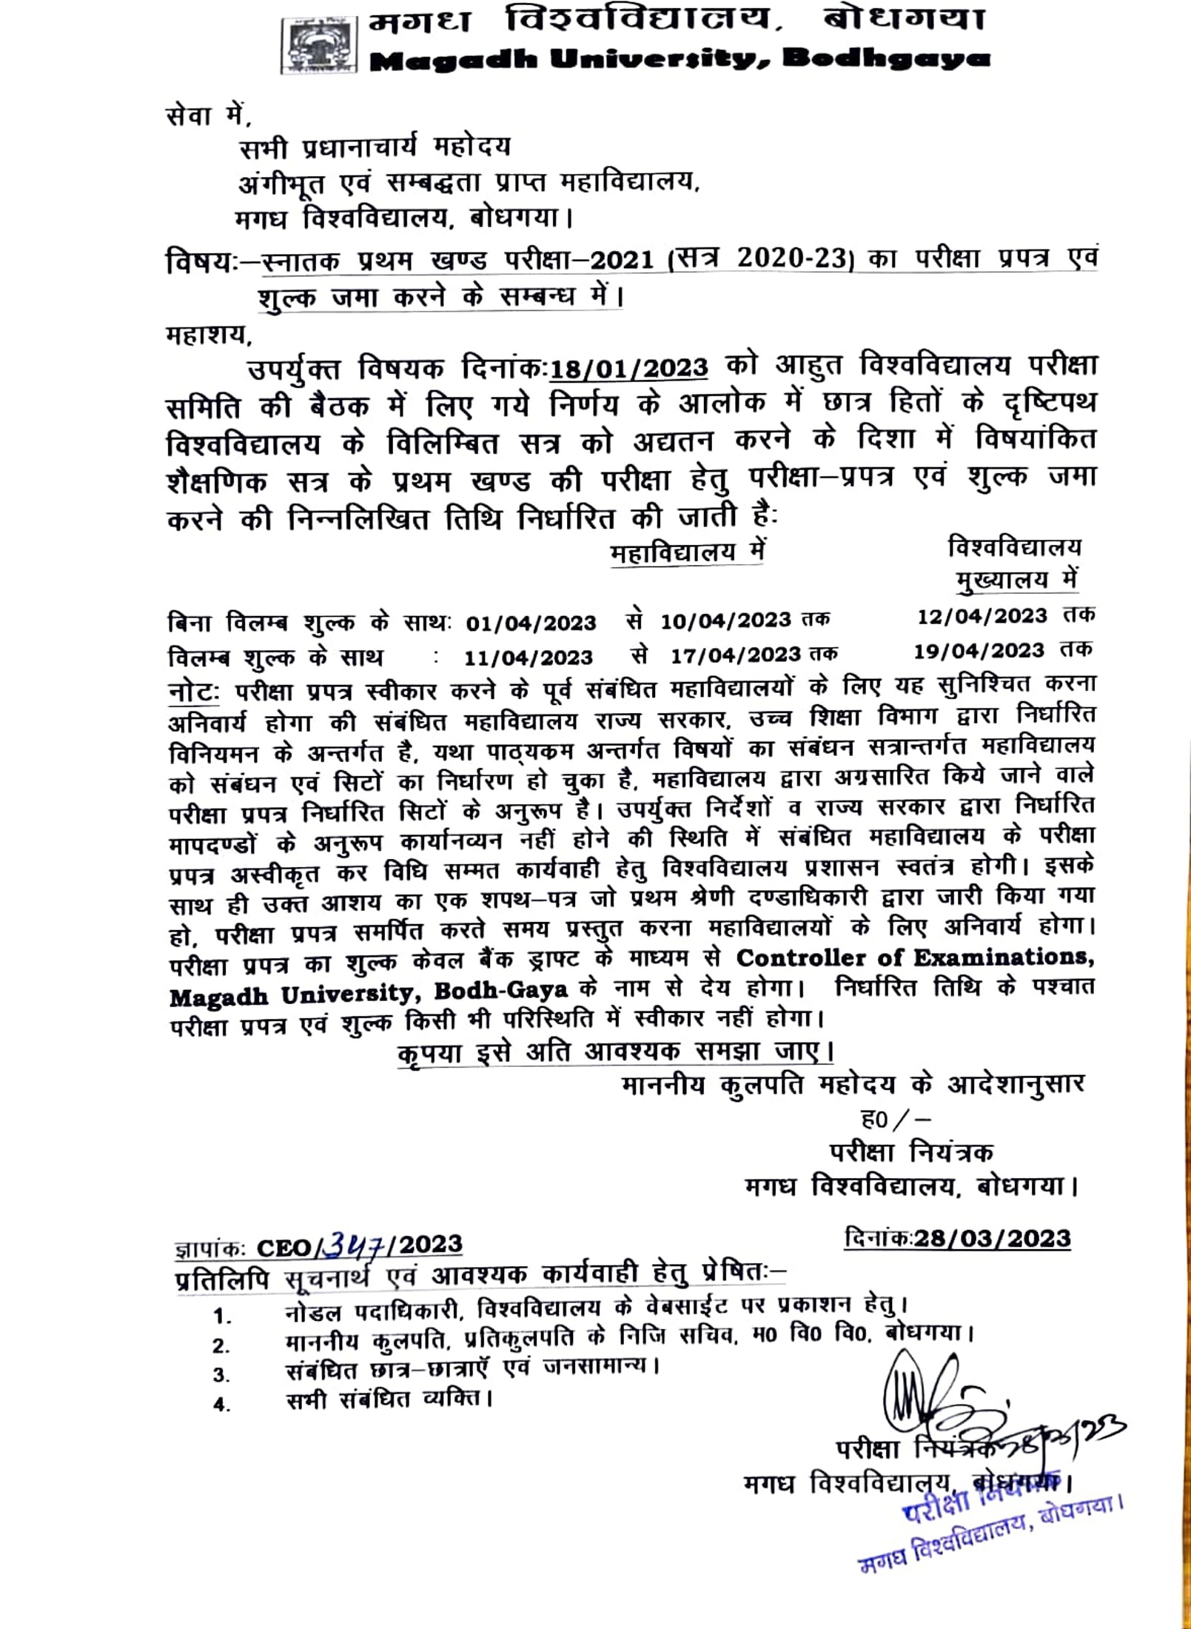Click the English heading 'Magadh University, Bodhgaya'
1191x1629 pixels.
tap(679, 59)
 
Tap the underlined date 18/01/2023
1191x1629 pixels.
tap(629, 368)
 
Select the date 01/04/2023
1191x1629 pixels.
tap(531, 623)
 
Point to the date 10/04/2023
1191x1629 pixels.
tap(725, 621)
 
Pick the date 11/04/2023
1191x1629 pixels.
tap(529, 658)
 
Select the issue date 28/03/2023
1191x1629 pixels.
tap(992, 1239)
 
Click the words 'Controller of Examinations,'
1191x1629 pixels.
tap(915, 958)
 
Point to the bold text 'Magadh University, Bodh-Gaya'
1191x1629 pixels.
tap(368, 993)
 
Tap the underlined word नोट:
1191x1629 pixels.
tap(193, 691)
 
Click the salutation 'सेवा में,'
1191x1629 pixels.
tap(209, 117)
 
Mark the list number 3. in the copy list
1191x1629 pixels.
tap(221, 1375)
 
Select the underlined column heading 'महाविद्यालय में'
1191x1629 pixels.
tap(687, 553)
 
